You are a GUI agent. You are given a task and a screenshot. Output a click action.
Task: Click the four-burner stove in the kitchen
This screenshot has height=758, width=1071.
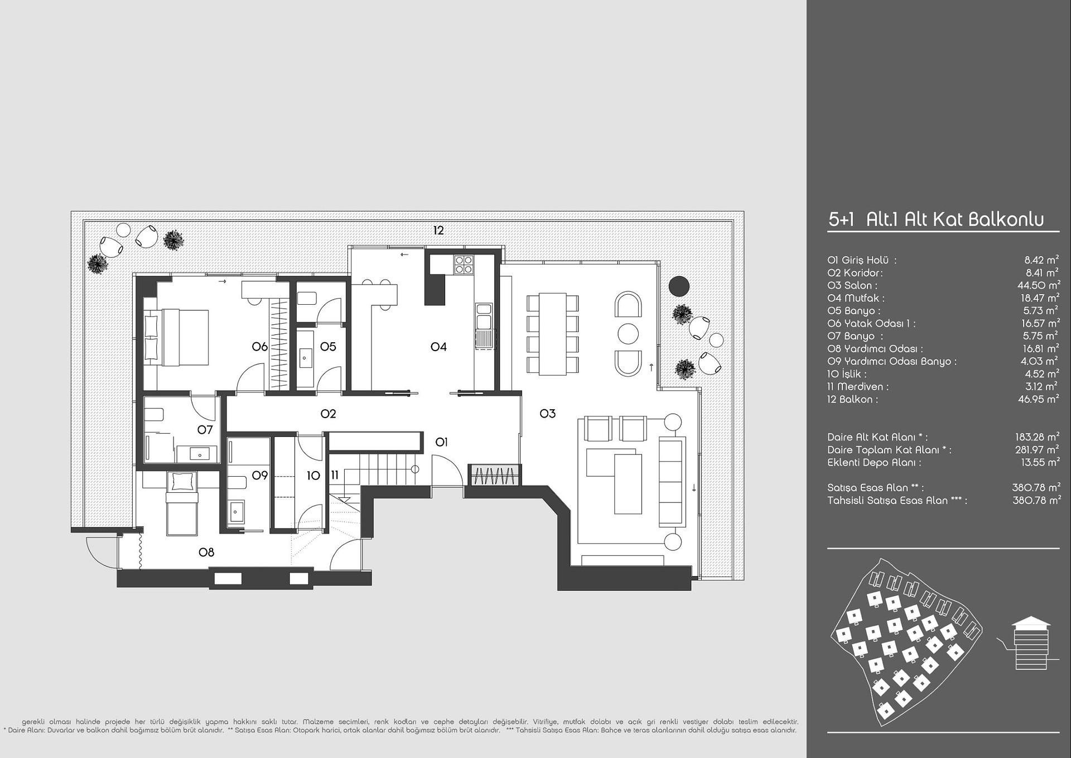463,264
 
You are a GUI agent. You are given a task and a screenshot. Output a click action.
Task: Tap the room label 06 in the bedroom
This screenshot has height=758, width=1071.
259,347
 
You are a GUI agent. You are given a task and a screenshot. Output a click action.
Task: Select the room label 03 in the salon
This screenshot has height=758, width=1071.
548,414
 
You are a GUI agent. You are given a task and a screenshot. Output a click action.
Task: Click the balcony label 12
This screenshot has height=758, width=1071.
438,230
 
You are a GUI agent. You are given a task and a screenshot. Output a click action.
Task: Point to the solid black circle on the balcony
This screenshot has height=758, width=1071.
679,286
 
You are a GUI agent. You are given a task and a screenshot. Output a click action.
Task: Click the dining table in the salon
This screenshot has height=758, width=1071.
552,334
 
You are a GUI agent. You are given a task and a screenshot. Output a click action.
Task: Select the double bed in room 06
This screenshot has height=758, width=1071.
176,338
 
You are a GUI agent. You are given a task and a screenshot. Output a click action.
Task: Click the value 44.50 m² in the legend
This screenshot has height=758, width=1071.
1039,285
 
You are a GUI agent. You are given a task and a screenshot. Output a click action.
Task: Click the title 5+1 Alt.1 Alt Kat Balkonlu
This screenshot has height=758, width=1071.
936,219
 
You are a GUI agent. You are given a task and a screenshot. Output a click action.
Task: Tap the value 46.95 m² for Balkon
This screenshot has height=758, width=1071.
1039,399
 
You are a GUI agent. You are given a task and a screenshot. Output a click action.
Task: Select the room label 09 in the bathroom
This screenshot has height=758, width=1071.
259,476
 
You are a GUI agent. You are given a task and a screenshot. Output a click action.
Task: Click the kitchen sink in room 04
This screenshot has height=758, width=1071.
484,316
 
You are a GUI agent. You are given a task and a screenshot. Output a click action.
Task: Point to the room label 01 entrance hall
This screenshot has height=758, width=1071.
441,442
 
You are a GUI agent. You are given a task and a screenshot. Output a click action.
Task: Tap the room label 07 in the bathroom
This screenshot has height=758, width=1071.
205,430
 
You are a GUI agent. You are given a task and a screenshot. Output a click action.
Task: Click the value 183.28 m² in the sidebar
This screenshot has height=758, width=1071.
1038,437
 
